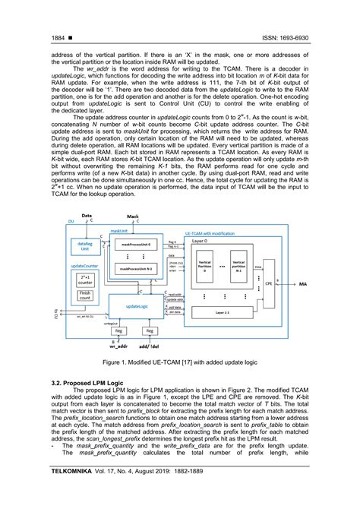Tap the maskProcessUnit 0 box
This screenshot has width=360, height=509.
[x=137, y=244]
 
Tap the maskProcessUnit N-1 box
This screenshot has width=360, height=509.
[x=137, y=267]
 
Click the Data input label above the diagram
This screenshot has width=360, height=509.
[x=87, y=217]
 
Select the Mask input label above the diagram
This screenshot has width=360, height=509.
[x=133, y=217]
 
